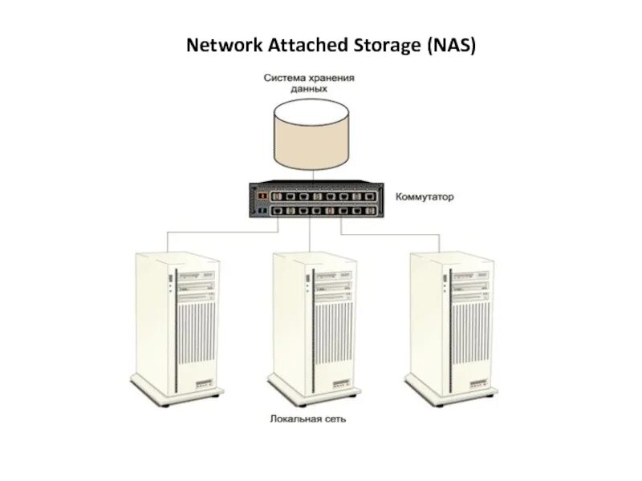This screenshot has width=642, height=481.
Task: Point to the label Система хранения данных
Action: point(309,83)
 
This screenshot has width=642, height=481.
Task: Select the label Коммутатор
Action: point(424,196)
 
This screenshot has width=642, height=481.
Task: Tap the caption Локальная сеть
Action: point(308,418)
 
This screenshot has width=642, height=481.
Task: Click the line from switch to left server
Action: point(209,233)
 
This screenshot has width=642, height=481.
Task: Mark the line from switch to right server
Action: point(393,233)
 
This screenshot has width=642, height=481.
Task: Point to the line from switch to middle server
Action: point(309,236)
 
